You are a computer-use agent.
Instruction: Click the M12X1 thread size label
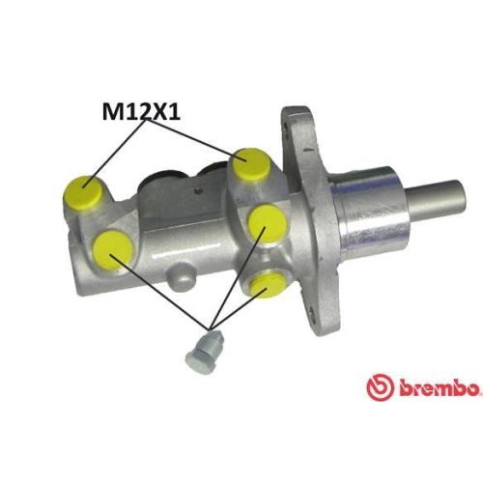tap(141, 112)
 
